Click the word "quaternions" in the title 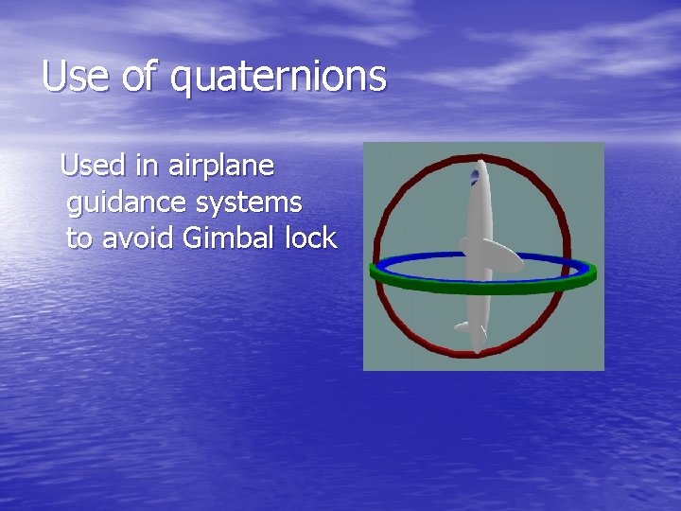click(x=279, y=77)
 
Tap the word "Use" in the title click(x=75, y=76)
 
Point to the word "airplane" click(x=221, y=167)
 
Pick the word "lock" click(x=310, y=238)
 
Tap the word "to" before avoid click(x=79, y=238)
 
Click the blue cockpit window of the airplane click(x=475, y=175)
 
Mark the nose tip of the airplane click(x=480, y=162)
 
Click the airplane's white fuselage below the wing click(x=477, y=303)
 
